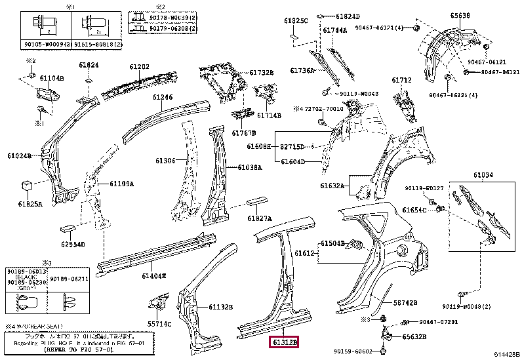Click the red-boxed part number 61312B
tap(283, 342)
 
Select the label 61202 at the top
tap(139, 66)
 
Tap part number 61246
tap(163, 97)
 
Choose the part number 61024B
tap(19, 156)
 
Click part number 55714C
tap(159, 324)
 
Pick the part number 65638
tap(441, 14)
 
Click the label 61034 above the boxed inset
tap(483, 175)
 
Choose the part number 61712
tap(401, 80)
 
